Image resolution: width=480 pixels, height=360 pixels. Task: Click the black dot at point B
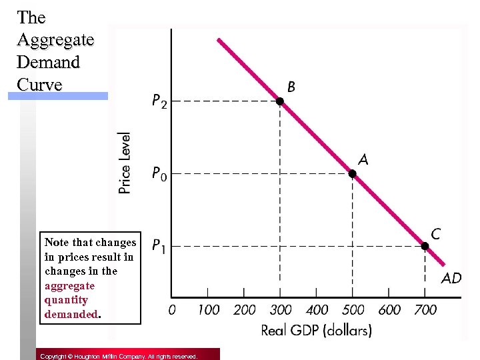point(281,101)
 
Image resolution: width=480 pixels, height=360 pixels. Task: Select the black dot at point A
point(353,173)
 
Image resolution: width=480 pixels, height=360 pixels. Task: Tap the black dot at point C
point(425,246)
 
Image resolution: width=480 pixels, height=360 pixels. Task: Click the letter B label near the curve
point(291,87)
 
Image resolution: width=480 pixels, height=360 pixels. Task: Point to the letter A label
point(363,159)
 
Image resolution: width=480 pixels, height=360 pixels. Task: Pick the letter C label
point(435,234)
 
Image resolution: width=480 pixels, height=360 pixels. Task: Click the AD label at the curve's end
point(451,278)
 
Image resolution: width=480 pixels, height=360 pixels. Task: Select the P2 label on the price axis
point(159,102)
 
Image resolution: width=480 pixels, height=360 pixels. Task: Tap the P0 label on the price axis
point(159,175)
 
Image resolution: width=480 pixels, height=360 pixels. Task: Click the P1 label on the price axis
point(159,247)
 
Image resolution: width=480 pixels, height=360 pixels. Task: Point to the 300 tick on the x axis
point(281,310)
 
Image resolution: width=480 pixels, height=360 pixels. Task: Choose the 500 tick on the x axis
point(353,310)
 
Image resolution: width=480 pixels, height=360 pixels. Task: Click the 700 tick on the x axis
point(425,310)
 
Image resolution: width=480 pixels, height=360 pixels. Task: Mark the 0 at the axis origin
point(172,310)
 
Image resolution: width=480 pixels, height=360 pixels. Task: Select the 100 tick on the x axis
point(208,310)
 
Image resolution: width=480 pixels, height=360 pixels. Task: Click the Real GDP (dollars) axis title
point(316,330)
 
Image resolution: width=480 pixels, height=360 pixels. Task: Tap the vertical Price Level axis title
point(125,162)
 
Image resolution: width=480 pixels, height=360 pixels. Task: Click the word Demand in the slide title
point(48,62)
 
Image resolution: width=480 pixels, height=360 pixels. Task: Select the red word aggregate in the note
point(69,285)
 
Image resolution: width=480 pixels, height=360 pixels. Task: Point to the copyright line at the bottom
point(118,357)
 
